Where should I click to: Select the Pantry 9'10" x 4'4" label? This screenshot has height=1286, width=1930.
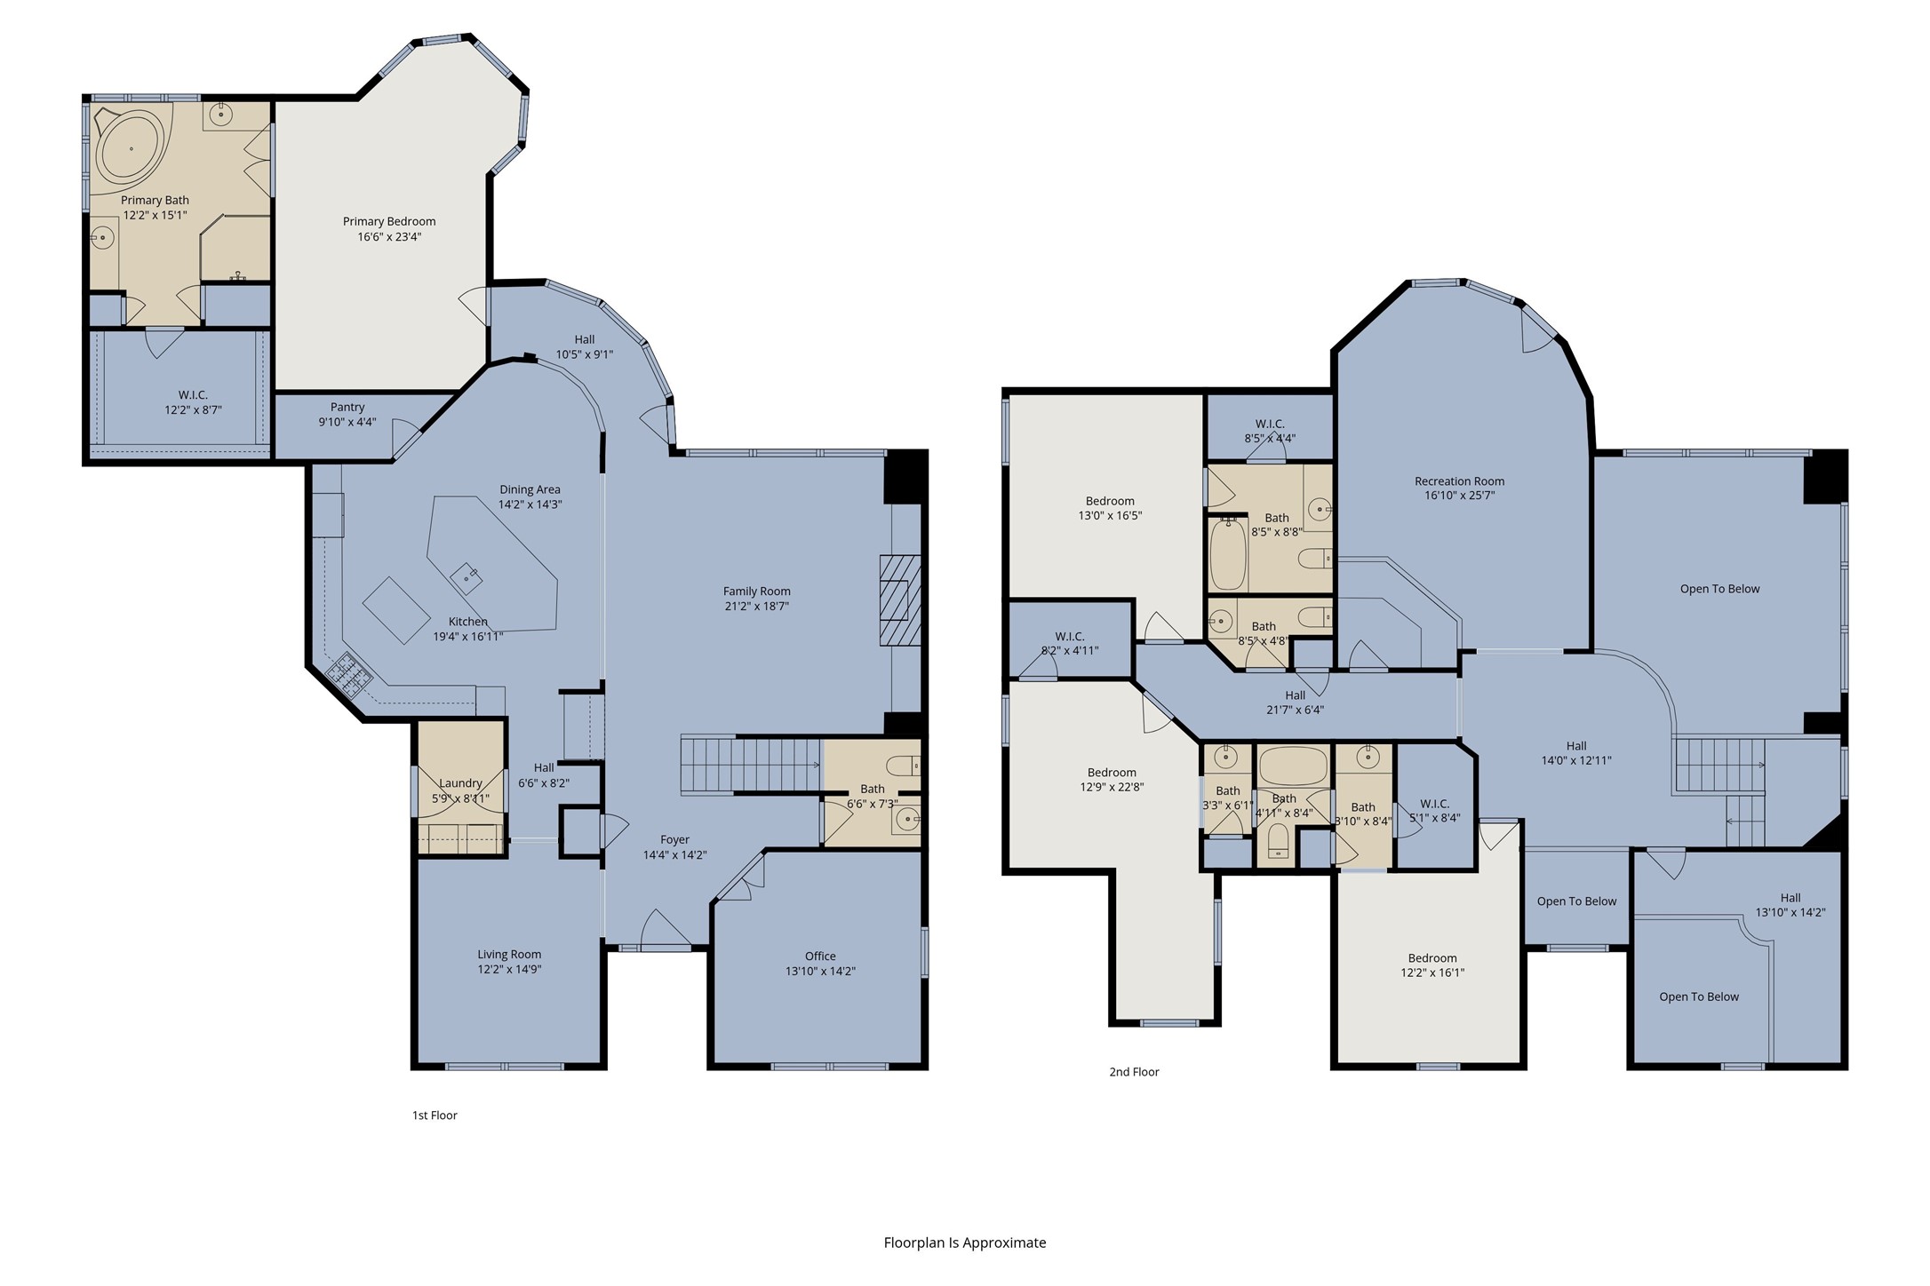347,415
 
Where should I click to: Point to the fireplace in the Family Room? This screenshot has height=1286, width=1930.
900,599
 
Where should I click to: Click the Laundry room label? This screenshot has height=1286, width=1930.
460,782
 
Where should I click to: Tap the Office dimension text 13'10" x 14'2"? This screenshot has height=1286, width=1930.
820,971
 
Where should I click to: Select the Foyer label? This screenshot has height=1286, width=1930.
674,839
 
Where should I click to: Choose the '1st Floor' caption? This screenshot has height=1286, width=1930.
435,1115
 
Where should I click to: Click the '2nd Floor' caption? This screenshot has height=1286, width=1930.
1134,1072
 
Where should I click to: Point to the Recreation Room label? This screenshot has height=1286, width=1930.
1460,481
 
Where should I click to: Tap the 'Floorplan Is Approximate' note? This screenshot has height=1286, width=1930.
965,1242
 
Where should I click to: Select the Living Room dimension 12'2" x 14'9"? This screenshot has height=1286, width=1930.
509,969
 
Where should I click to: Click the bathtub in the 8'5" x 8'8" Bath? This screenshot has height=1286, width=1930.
1229,555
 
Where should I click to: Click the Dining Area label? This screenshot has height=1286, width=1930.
530,489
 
